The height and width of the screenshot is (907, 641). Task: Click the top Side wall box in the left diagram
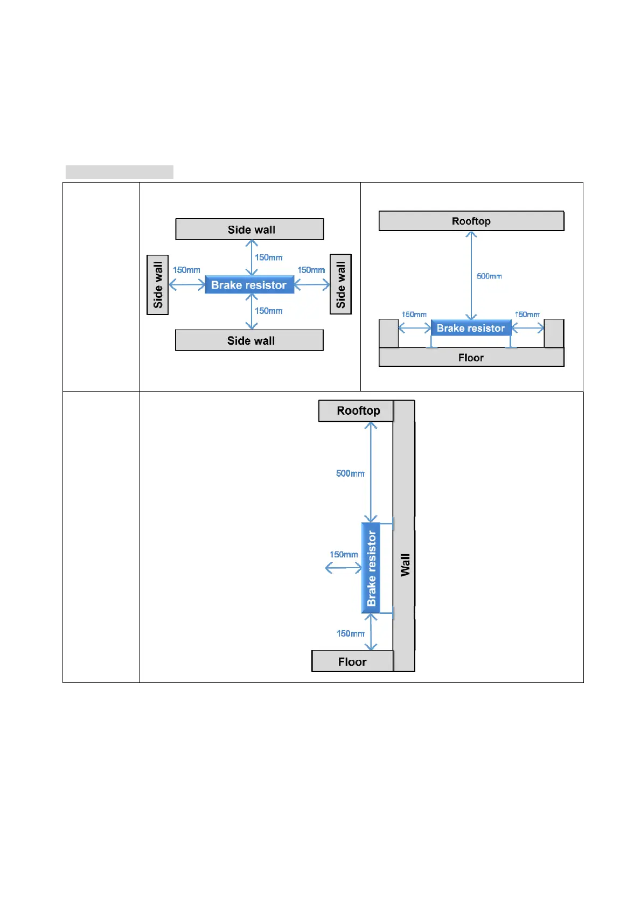tap(249, 229)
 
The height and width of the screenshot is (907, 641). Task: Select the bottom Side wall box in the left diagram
tap(249, 340)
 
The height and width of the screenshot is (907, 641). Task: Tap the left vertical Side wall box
tap(158, 285)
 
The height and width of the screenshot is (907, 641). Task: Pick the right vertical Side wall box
tap(340, 284)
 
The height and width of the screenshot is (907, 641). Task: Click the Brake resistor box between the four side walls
tap(249, 285)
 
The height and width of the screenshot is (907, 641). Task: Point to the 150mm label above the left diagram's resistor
tap(269, 257)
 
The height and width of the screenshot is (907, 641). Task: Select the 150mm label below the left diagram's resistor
tap(269, 311)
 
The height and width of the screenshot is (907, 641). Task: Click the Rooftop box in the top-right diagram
tap(471, 221)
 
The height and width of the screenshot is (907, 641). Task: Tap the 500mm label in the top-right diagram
tap(489, 276)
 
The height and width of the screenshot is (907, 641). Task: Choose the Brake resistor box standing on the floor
tap(471, 328)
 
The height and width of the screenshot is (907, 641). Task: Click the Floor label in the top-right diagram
tap(471, 358)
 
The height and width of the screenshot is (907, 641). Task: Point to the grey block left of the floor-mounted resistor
tap(388, 333)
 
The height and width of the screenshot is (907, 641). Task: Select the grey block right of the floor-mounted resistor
tap(554, 333)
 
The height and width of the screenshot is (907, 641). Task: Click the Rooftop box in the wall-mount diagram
tap(357, 411)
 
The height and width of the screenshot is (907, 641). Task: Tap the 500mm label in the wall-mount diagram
tap(350, 473)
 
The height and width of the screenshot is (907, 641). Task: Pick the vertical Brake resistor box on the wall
tap(371, 568)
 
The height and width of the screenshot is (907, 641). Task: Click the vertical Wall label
tap(405, 565)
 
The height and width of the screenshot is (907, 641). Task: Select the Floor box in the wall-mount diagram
tap(352, 661)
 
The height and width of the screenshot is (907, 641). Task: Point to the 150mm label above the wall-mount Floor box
tap(350, 633)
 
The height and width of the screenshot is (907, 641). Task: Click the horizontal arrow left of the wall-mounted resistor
tap(344, 568)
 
